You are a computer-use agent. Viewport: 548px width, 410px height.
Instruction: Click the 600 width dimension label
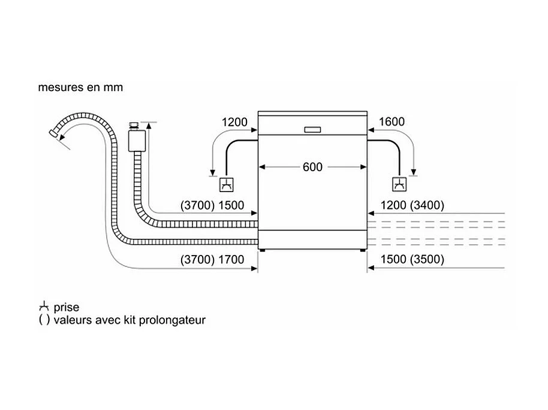(x=312, y=167)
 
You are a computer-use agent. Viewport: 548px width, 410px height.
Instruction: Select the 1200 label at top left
(x=234, y=122)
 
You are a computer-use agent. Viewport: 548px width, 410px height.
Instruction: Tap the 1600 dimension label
(x=392, y=122)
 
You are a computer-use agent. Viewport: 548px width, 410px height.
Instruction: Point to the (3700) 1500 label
(x=212, y=205)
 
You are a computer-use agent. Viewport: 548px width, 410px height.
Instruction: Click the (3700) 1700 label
(x=212, y=260)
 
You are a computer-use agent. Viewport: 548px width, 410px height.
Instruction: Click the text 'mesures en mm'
(x=80, y=87)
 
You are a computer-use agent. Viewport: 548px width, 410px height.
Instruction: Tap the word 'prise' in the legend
(x=66, y=307)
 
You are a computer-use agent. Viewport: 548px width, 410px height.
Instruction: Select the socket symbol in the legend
(x=43, y=307)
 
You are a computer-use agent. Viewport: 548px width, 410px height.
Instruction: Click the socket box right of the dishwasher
(x=399, y=183)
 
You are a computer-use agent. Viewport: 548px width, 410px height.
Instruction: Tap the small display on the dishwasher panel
(x=313, y=129)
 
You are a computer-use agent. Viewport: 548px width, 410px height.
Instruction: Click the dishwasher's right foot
(x=362, y=249)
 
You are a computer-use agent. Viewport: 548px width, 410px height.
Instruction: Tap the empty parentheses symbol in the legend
(x=44, y=320)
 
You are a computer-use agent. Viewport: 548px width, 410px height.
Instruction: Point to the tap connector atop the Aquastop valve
(x=133, y=126)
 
